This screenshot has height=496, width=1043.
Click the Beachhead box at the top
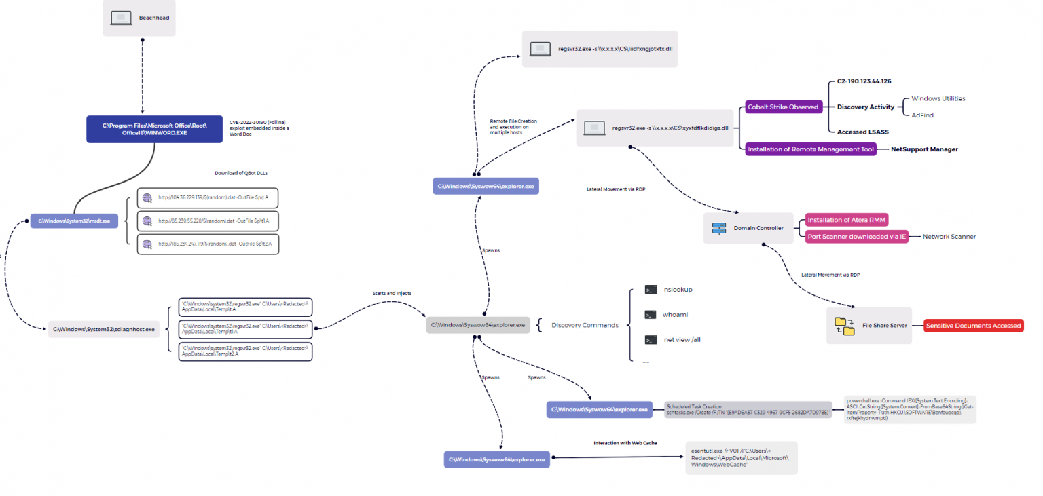(x=139, y=18)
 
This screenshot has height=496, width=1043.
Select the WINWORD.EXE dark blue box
(x=154, y=129)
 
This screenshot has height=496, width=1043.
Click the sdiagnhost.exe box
(x=104, y=329)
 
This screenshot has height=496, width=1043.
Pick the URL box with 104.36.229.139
(x=208, y=198)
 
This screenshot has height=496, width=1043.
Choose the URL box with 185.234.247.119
(x=208, y=244)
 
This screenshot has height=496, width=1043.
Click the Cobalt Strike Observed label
(x=782, y=107)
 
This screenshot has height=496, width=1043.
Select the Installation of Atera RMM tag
(x=847, y=220)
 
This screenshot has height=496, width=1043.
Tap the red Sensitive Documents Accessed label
(x=973, y=326)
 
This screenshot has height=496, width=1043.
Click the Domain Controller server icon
(x=719, y=229)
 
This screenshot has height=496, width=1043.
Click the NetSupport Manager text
(x=924, y=149)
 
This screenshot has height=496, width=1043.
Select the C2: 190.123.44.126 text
(x=864, y=81)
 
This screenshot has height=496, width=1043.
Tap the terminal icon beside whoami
(x=651, y=315)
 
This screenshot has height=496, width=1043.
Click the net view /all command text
(x=682, y=340)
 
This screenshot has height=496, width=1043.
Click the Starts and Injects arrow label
(x=392, y=293)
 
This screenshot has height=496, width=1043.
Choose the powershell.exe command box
(x=909, y=409)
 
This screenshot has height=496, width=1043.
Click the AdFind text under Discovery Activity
(x=922, y=115)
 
